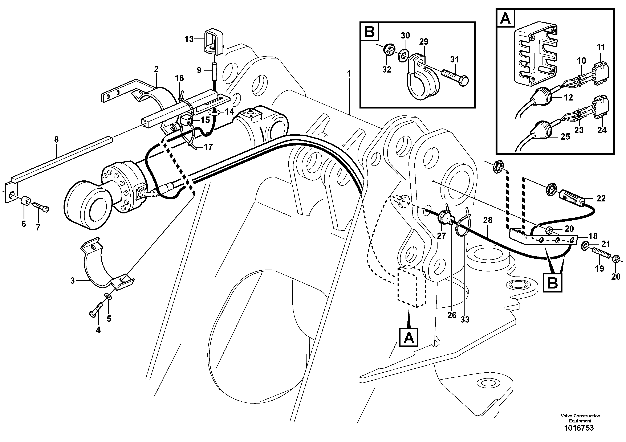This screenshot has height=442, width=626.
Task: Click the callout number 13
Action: (189, 39)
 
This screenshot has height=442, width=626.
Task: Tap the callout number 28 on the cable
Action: (488, 220)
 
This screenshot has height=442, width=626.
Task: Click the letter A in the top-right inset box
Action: (506, 19)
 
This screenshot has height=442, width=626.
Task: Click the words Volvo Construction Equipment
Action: (580, 418)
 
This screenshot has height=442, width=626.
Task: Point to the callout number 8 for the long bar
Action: (56, 140)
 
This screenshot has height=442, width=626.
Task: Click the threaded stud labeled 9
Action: (215, 71)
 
